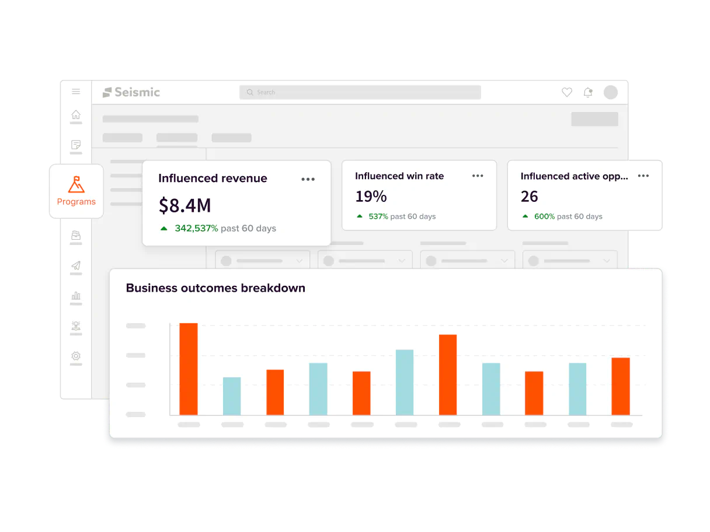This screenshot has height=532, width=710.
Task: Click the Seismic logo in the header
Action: pyautogui.click(x=131, y=92)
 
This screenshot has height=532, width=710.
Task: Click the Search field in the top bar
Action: pyautogui.click(x=360, y=92)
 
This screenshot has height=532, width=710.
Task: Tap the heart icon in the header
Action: pyautogui.click(x=566, y=92)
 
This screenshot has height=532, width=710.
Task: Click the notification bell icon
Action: pyautogui.click(x=588, y=92)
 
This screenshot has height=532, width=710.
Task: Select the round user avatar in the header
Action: pyautogui.click(x=610, y=92)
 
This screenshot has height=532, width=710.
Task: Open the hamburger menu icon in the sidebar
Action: pyautogui.click(x=76, y=92)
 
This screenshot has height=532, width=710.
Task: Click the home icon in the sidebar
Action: pyautogui.click(x=76, y=115)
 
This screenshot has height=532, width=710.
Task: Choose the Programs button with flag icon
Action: pyautogui.click(x=76, y=191)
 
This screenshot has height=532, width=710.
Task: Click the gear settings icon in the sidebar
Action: pyautogui.click(x=76, y=356)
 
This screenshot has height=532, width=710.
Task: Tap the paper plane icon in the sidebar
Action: pyautogui.click(x=76, y=266)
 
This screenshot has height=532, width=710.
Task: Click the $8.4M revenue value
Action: pyautogui.click(x=185, y=205)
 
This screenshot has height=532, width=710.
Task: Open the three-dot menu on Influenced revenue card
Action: pyautogui.click(x=308, y=179)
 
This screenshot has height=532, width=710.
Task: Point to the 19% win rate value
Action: pyautogui.click(x=371, y=196)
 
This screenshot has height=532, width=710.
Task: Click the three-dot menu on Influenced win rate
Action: pyautogui.click(x=478, y=176)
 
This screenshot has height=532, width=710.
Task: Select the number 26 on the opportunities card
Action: pyautogui.click(x=529, y=197)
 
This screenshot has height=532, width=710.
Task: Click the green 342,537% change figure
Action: pyautogui.click(x=196, y=228)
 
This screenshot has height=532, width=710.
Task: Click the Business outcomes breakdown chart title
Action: pyautogui.click(x=215, y=288)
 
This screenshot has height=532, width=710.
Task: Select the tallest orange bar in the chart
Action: pyautogui.click(x=189, y=369)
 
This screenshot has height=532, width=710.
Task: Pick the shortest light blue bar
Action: pyautogui.click(x=232, y=395)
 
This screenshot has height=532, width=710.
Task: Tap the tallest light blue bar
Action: pyautogui.click(x=405, y=382)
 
